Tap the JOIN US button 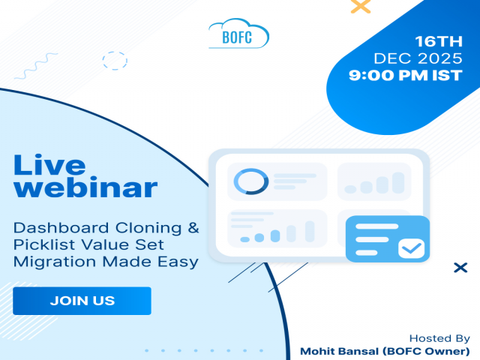[x=82, y=301]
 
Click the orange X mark [x=361, y=7]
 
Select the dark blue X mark [x=461, y=268]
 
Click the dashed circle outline [x=115, y=61]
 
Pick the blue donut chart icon [x=250, y=181]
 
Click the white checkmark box [x=410, y=247]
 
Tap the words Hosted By [x=440, y=338]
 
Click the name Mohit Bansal [x=335, y=351]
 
